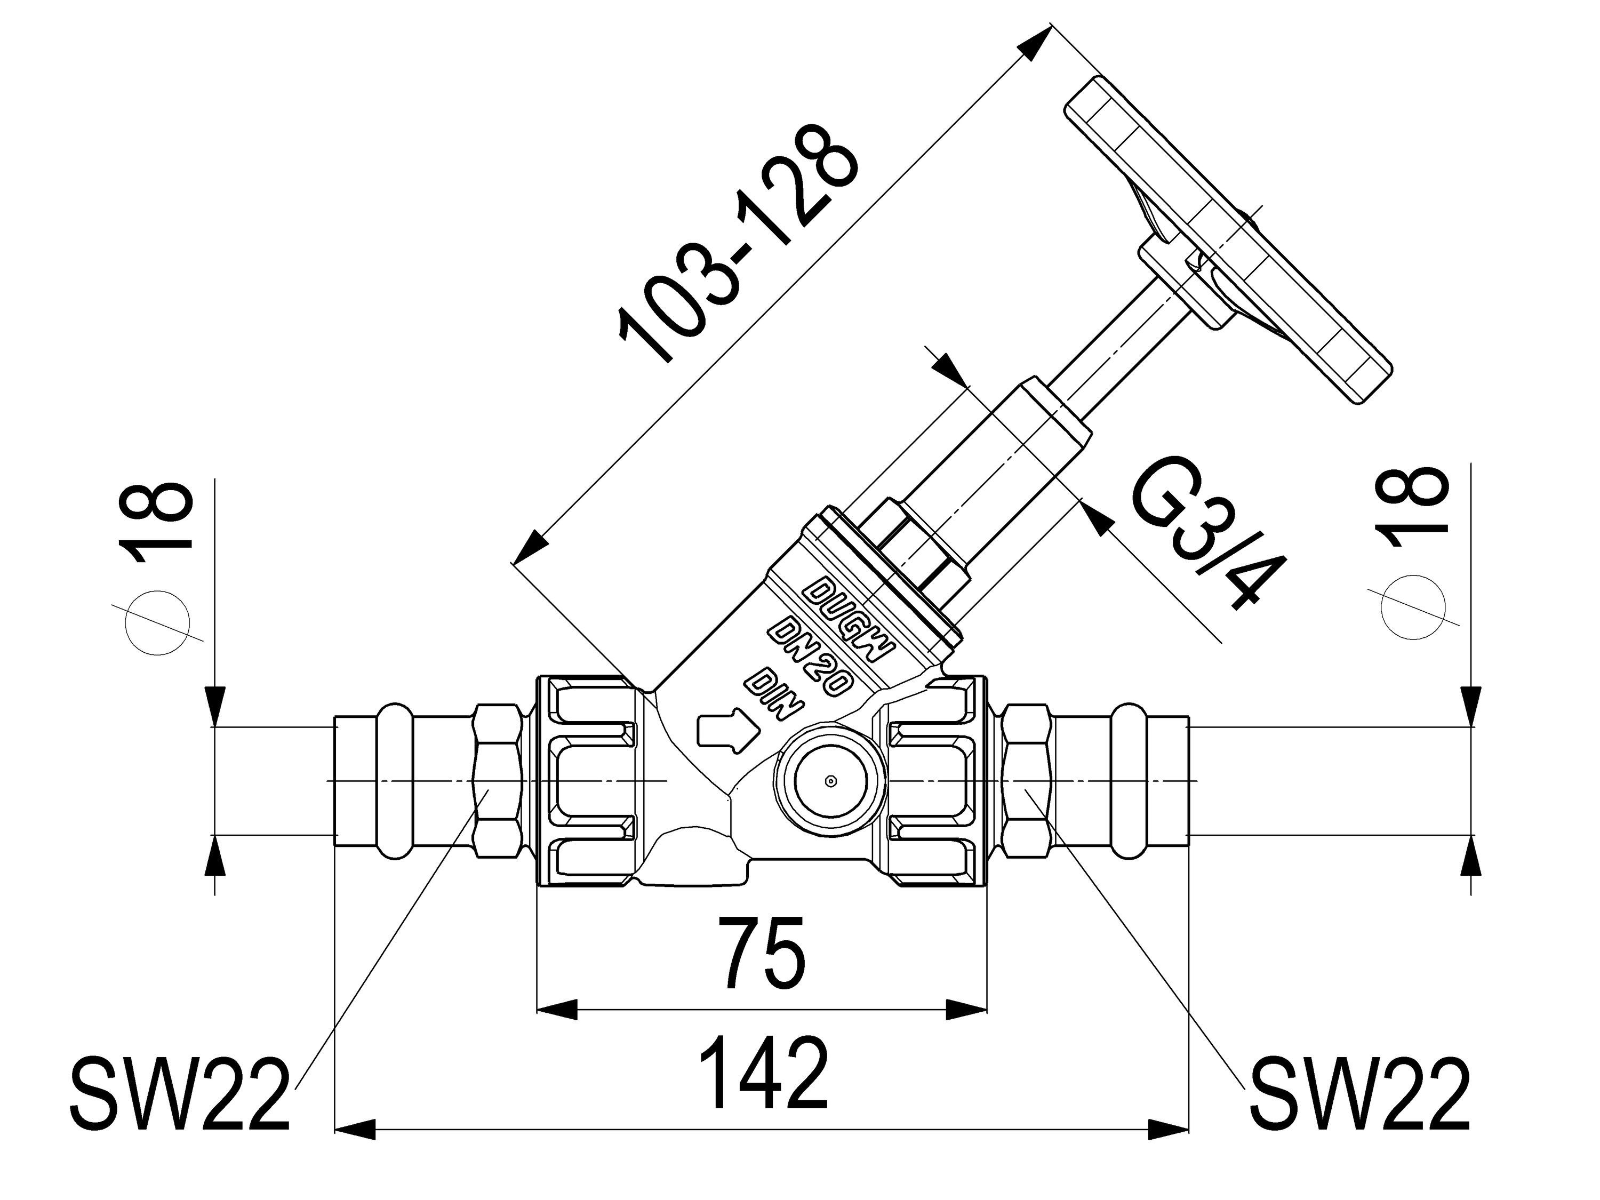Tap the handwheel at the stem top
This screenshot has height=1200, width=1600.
click(1230, 239)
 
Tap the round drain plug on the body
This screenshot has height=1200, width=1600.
click(830, 780)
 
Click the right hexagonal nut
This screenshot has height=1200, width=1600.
click(1027, 780)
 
